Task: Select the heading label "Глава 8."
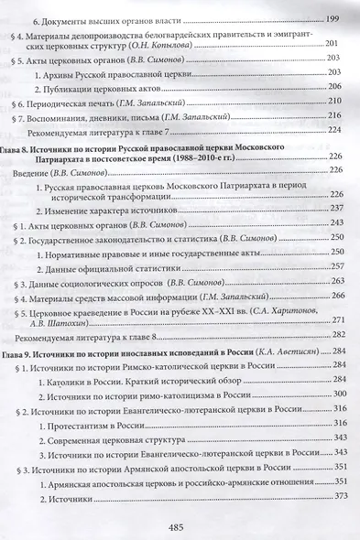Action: click(40, 146)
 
